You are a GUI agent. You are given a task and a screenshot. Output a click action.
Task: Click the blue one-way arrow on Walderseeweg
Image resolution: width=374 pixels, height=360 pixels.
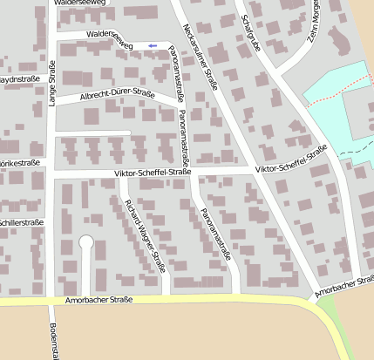[x=153, y=45]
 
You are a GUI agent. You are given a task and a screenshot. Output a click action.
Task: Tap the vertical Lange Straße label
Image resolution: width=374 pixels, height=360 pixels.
[x=51, y=85]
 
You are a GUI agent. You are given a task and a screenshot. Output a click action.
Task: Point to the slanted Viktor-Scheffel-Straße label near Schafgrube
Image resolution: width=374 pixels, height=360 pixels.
[x=291, y=159]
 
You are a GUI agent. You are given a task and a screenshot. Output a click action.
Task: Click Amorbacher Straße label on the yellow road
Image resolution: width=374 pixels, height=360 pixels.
[x=99, y=301]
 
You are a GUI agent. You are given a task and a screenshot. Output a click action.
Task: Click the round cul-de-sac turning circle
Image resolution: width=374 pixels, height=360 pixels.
[x=85, y=242]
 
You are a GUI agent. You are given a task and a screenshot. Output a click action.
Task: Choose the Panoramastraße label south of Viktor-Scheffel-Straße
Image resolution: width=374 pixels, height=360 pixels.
[x=214, y=235]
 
